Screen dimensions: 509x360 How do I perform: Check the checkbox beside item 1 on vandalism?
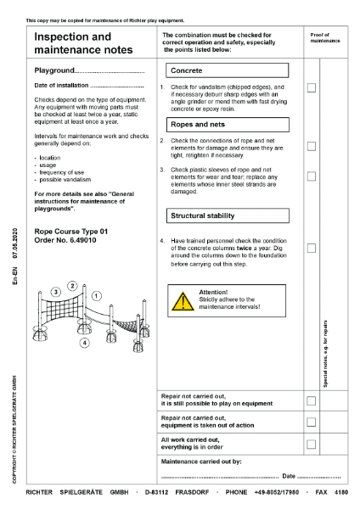312,87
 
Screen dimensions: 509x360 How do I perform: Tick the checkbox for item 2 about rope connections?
312,146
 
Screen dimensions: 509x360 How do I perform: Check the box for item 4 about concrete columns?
312,248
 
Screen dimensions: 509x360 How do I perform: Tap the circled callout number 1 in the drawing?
96,296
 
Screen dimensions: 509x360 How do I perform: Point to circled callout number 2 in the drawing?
73,286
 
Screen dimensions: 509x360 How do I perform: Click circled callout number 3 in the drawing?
55,292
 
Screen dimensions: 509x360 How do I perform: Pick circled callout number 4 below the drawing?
83,343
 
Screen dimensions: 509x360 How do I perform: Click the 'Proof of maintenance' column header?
324,37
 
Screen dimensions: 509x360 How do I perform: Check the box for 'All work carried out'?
312,444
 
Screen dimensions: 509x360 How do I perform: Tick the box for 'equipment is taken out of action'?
312,422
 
